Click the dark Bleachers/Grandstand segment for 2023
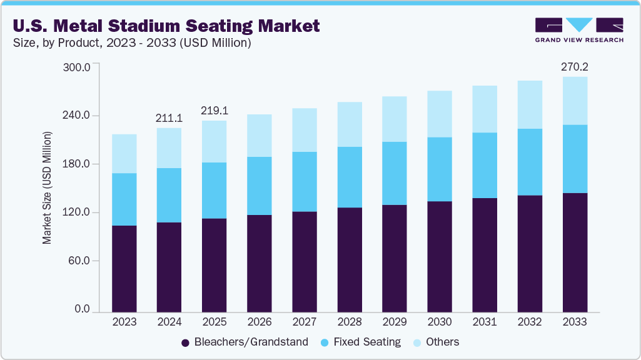pos(124,268)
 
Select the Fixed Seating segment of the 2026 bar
pos(260,186)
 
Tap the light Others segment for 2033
pos(575,101)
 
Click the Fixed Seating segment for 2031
pos(485,165)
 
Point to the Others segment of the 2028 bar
pos(350,124)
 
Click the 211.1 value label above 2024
pos(169,117)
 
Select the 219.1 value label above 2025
pos(215,110)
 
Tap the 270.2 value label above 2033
pos(575,66)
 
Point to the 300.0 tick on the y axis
pos(78,67)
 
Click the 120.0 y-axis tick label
pos(78,212)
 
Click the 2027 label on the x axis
pos(305,322)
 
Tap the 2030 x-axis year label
pos(440,322)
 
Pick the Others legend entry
pos(436,342)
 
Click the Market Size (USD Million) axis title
pos(47,187)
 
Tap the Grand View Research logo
pos(579,29)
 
